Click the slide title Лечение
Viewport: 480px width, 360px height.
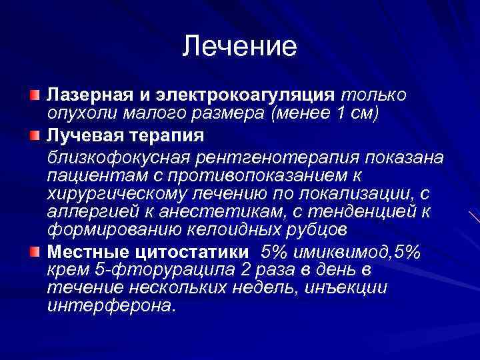pos(239,46)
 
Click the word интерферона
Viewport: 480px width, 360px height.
pos(111,307)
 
